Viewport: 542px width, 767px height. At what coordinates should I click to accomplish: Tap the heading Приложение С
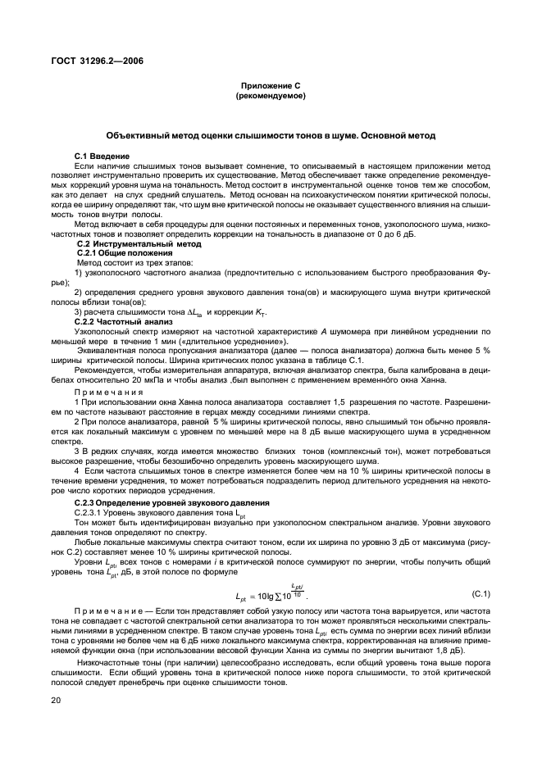tap(271, 85)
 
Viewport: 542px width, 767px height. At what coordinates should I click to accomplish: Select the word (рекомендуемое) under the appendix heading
tap(271, 96)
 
